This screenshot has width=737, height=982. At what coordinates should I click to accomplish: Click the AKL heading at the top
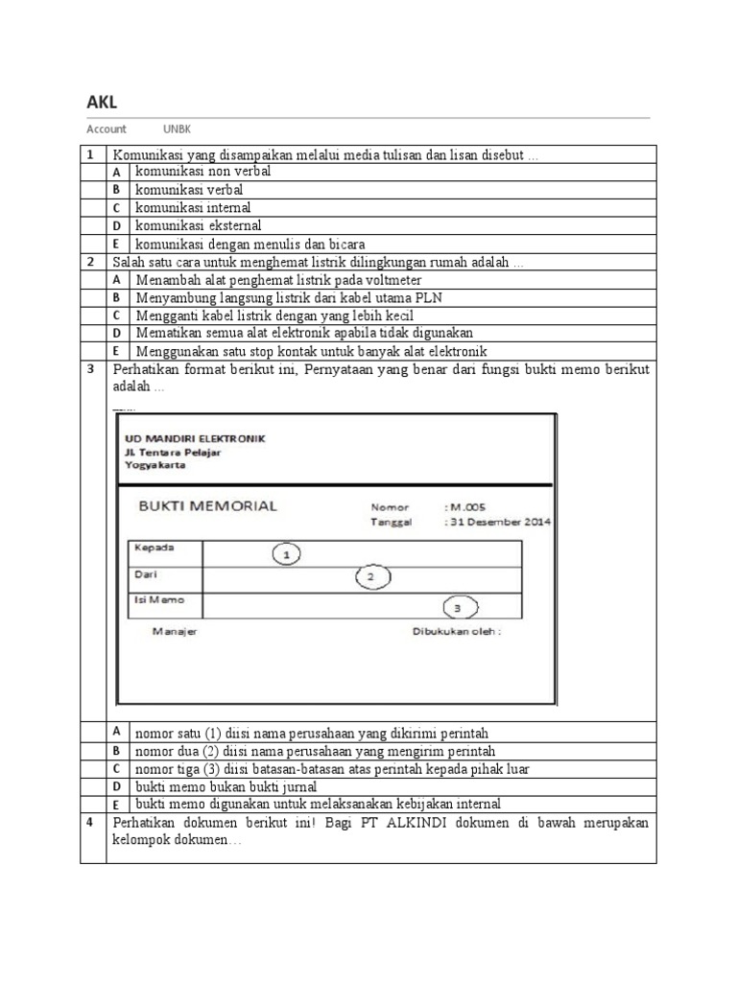(102, 103)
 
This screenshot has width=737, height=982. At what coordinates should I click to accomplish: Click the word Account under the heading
(107, 129)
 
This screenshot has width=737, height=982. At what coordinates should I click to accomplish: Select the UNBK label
(177, 129)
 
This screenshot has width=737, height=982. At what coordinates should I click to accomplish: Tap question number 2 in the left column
(91, 261)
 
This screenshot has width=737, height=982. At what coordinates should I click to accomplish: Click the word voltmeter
(388, 279)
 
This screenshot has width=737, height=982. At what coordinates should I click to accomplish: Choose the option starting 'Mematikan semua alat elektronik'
(304, 334)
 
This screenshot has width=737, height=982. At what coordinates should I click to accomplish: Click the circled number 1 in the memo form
(286, 553)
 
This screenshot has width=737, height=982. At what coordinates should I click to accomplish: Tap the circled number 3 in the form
(459, 607)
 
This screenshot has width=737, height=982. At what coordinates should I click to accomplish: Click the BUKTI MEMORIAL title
(207, 505)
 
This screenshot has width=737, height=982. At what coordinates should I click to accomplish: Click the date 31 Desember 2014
(500, 523)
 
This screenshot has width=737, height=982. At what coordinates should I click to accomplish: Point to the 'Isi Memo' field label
(155, 600)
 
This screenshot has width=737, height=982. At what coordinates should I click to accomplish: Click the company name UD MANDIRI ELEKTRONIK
(195, 438)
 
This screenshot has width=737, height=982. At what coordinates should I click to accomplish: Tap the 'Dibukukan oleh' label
(457, 632)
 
